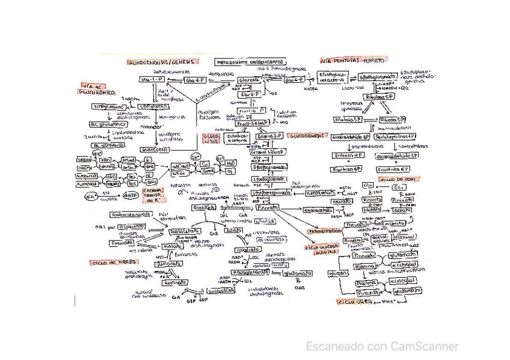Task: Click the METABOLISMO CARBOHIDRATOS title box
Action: point(251,62)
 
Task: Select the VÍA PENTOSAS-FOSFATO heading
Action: point(352,60)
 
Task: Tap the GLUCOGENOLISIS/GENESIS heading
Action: point(162,62)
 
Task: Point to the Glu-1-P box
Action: point(148,79)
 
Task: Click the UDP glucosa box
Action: point(153,106)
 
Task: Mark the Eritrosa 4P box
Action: point(348,155)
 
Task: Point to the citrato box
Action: point(233,230)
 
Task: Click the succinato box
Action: point(174,282)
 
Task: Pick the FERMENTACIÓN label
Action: point(325,231)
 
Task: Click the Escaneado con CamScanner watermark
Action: point(382,347)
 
